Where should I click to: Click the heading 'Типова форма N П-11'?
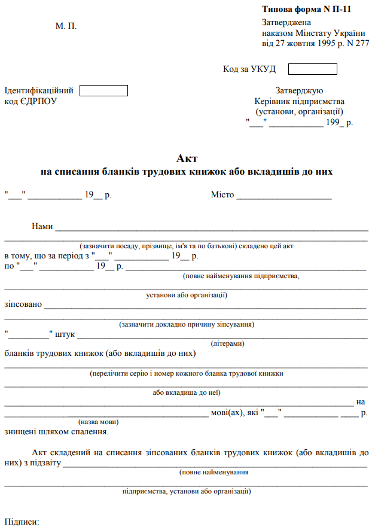point(306,10)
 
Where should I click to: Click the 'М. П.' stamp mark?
point(66,26)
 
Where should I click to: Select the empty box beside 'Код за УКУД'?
point(312,69)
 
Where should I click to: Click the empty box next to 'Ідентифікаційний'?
point(104,91)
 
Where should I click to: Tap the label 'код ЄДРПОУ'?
point(31,101)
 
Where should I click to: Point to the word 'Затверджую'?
point(299,91)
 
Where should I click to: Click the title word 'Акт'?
point(187,159)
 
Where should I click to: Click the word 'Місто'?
point(222,195)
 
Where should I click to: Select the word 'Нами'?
point(42,227)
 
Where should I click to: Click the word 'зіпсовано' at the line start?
point(23,304)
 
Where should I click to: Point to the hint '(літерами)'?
point(227,344)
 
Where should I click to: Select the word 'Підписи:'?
point(22,522)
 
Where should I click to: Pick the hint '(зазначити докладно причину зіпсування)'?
point(187,324)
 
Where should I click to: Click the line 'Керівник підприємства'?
point(299,101)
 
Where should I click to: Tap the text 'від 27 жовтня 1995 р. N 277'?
point(315,44)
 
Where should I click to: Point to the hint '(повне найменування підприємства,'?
point(240,276)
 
